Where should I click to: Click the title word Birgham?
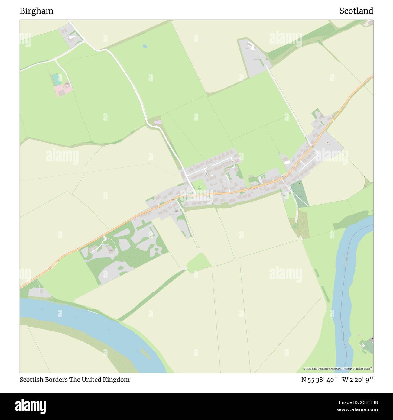pos(36,11)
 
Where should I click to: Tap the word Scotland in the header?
pos(356,11)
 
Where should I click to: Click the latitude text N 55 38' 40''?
pos(320,380)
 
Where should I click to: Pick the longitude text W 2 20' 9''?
pos(358,380)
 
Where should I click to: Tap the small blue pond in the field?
pos(145,46)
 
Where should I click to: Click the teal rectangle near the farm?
pos(56,79)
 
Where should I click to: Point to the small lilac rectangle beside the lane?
pos(158,122)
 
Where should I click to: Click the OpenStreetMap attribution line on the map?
pos(338,369)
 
